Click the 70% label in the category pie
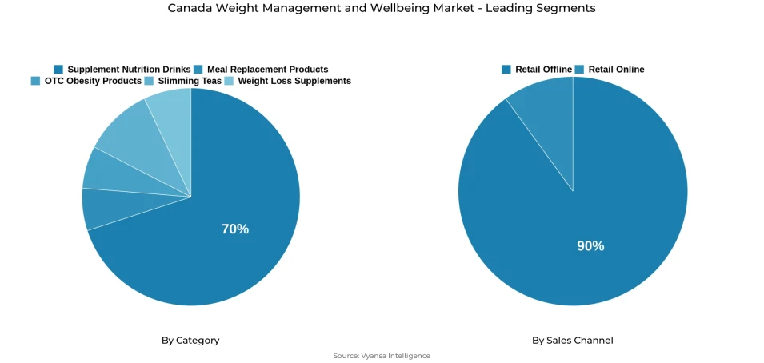pos(234,229)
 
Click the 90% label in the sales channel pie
pos(590,246)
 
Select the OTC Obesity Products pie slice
pos(104,170)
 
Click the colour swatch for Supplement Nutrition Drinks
pos(58,70)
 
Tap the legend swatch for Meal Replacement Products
pos(198,70)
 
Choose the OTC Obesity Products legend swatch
pos(35,81)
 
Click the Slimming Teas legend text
pos(190,81)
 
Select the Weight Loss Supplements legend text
pos(294,81)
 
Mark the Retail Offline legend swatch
pos(506,70)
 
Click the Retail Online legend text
pos(616,70)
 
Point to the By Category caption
pos(190,341)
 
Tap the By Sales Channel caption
pos(573,341)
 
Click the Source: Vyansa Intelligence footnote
pos(382,356)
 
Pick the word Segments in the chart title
pos(567,8)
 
